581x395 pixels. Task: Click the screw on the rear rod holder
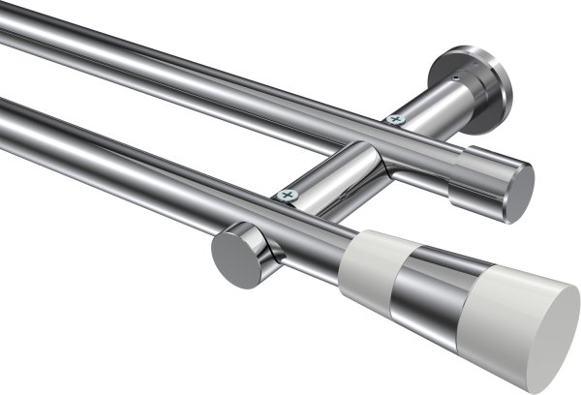click(394, 119)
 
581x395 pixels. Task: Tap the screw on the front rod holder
click(287, 196)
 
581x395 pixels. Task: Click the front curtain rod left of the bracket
click(116, 155)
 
